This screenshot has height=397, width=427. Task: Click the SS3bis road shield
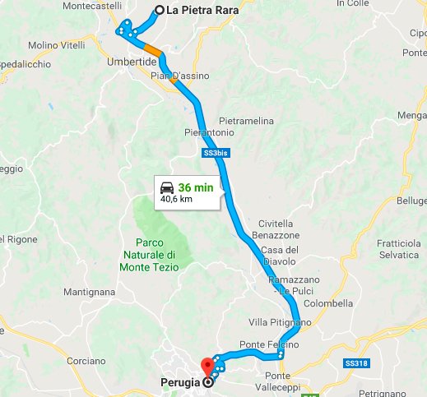(211, 154)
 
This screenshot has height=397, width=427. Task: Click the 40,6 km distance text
(175, 199)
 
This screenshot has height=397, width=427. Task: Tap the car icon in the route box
(167, 187)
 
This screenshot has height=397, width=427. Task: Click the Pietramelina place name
(245, 121)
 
